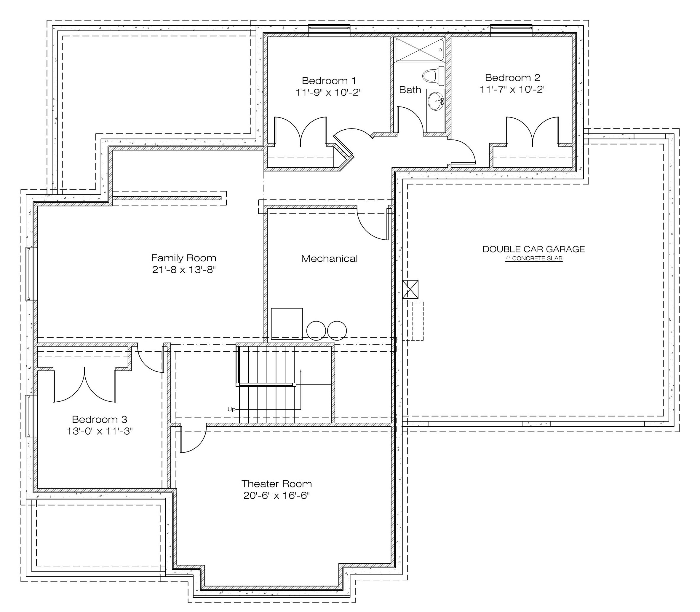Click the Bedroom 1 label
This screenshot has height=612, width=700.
[x=329, y=81]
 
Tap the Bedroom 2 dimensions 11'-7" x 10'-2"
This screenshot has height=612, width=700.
[x=513, y=90]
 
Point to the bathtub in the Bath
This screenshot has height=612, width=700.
[x=420, y=50]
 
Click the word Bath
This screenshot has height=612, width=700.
[x=410, y=90]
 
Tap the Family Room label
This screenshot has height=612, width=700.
[x=183, y=258]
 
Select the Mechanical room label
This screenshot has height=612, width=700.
[x=329, y=258]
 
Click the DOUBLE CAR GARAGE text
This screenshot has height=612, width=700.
[x=533, y=249]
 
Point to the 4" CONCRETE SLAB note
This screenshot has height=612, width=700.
[x=534, y=258]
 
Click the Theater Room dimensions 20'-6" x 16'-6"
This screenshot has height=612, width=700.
[x=276, y=495]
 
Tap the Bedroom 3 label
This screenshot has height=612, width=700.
[x=99, y=419]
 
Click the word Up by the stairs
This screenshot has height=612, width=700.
[x=231, y=409]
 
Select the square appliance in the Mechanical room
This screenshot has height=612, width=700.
[x=287, y=324]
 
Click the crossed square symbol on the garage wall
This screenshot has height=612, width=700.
[x=410, y=289]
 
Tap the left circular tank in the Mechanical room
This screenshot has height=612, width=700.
[x=317, y=330]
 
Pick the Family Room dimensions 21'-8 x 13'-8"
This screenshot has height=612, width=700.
[x=183, y=270]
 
